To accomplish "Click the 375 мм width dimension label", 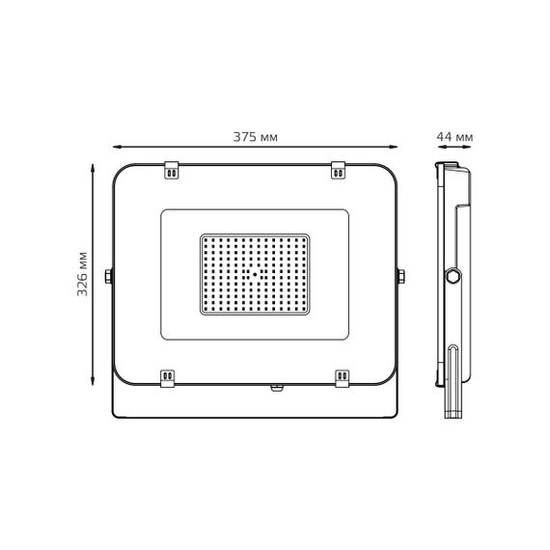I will tap(256, 137).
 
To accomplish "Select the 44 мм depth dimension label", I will tap(454, 137).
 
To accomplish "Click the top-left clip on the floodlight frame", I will tap(172, 170).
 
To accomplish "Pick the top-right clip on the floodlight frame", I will tap(340, 170).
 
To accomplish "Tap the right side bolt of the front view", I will tap(399, 276).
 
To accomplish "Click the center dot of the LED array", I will tap(256, 273).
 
